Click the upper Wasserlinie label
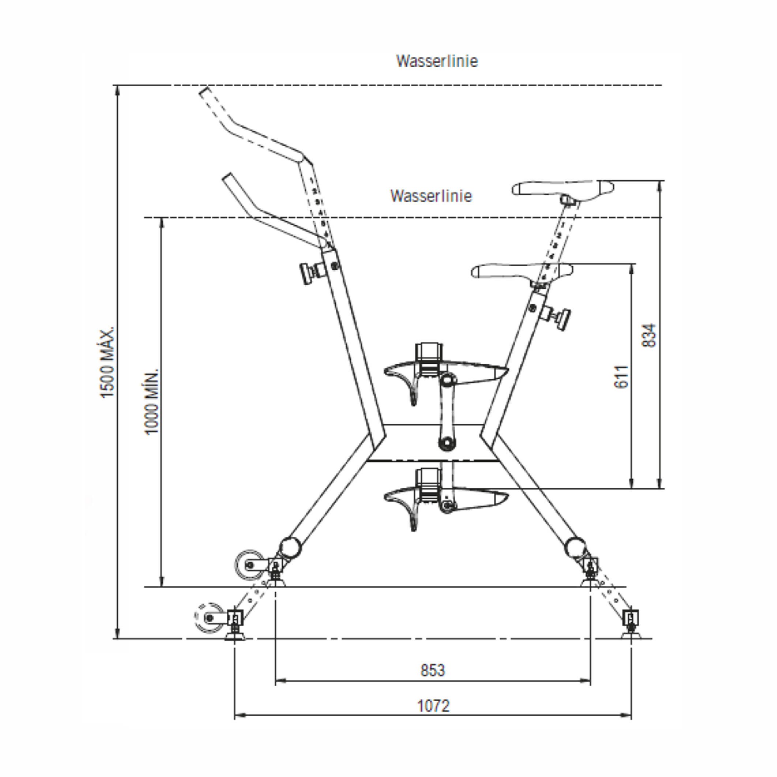point(437,61)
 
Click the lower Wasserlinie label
point(431,196)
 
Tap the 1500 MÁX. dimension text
point(108,362)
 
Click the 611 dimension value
point(622,377)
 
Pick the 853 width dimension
point(433,671)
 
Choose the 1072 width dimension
point(433,706)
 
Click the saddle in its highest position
point(563,188)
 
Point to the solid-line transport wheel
point(250,565)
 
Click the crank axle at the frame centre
point(446,444)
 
